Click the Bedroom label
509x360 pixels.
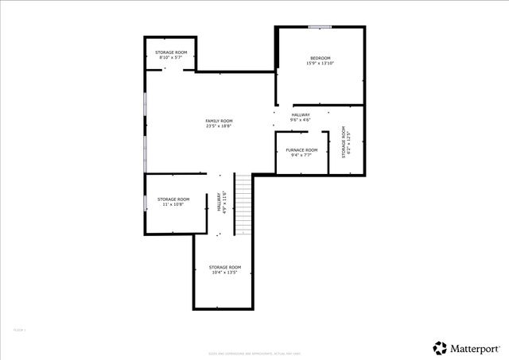point(321,58)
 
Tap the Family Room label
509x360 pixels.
point(219,120)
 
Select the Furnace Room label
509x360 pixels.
point(301,149)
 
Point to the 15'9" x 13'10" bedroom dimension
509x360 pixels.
point(321,64)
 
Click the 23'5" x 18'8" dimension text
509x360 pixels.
point(219,126)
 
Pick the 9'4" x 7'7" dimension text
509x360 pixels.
point(301,155)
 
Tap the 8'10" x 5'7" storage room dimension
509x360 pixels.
point(171,57)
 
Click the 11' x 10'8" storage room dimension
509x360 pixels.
point(173,204)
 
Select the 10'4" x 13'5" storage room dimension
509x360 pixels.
point(224,273)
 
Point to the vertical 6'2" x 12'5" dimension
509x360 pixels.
point(348,142)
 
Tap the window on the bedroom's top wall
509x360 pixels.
point(320,27)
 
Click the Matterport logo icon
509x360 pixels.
point(439,347)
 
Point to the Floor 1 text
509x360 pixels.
point(20,330)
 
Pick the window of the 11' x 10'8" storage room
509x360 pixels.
point(145,202)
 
